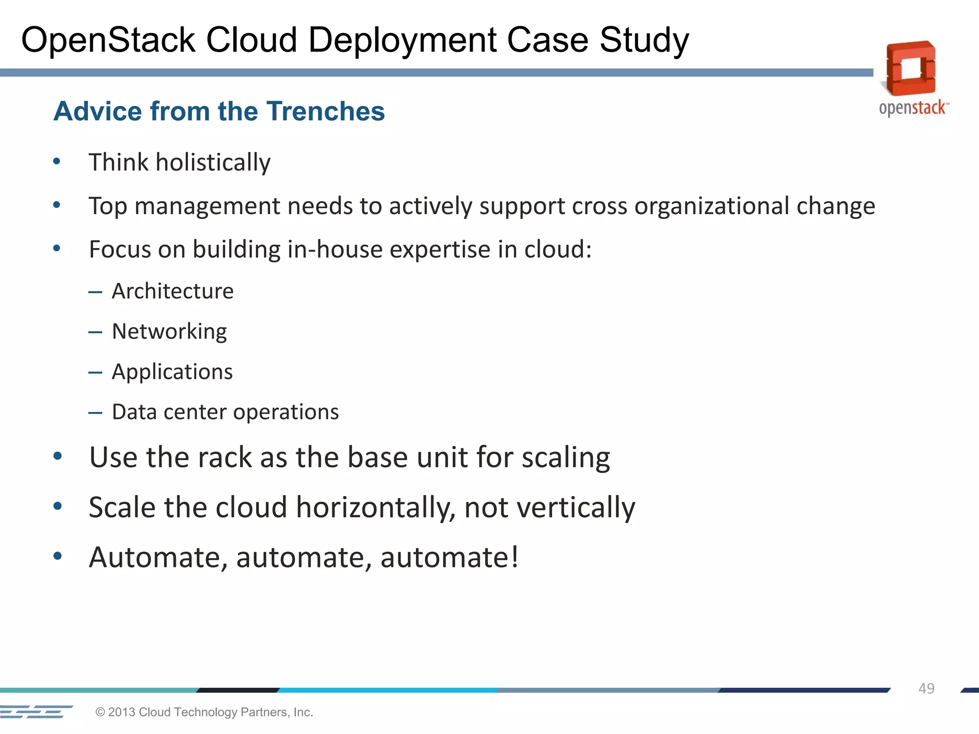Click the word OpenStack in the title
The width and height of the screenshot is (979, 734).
pos(108,40)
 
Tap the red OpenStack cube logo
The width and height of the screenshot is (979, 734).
pos(911,68)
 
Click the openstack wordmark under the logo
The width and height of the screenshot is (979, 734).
pos(913,108)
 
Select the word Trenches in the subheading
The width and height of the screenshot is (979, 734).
pos(325,111)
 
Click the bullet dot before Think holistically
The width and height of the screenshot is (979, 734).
pos(57,162)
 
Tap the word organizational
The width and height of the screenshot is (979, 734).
pos(712,206)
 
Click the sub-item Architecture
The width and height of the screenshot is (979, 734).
pos(173,291)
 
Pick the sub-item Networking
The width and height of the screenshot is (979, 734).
pos(169,332)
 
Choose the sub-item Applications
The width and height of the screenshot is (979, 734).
pos(172,372)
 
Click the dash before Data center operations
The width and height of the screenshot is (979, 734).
pos(95,412)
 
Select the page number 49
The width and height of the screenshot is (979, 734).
pos(926,689)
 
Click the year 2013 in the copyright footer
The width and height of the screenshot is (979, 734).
pos(121,712)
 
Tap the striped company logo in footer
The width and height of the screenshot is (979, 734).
pos(36,712)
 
